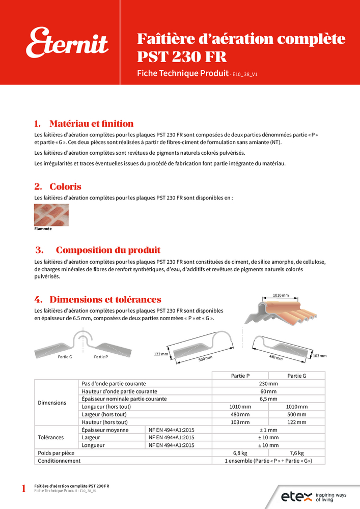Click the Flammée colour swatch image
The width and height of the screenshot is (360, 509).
tap(51, 215)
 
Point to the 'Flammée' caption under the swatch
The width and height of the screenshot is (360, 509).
tap(43, 229)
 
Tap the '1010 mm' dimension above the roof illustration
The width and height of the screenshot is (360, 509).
tap(281, 295)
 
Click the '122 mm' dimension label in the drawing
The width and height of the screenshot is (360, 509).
tap(161, 353)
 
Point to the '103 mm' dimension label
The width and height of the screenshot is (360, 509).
tap(320, 355)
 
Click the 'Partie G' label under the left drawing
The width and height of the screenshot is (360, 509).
tap(65, 357)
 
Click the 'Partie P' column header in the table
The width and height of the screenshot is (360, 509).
tap(240, 376)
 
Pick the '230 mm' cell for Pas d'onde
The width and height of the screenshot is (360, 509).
tap(268, 383)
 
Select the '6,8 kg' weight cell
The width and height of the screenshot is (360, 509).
tap(240, 453)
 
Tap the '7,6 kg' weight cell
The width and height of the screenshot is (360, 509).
tap(296, 453)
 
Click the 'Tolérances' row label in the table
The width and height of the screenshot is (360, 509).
tap(51, 437)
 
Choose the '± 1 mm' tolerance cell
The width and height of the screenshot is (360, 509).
tap(268, 430)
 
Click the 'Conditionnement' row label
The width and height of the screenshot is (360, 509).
tap(59, 461)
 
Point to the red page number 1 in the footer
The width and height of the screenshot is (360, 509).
tap(23, 489)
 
